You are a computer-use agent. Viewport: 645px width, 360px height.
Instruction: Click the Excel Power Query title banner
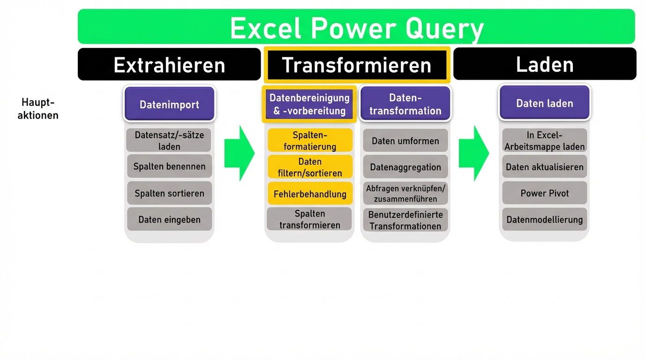point(356,27)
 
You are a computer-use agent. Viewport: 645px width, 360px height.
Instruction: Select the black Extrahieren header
point(169,64)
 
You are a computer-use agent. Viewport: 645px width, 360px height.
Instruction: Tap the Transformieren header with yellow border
point(357,65)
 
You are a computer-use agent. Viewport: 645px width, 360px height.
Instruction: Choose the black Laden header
point(545,64)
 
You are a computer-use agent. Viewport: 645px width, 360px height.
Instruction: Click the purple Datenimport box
point(169,104)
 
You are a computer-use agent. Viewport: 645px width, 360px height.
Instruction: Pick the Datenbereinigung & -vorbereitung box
point(309,104)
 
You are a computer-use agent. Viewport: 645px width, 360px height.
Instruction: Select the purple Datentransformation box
point(405,104)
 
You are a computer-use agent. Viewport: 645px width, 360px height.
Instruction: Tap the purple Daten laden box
point(544,103)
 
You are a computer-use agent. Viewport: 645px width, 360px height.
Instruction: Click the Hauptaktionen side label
point(38,109)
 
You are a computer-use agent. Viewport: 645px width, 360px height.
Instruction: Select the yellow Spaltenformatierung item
point(310,141)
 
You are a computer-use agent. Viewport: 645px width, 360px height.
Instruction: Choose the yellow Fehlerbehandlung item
point(310,194)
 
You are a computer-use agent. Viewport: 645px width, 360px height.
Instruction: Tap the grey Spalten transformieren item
point(309,219)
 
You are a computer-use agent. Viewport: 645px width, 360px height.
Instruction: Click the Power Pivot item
point(544,193)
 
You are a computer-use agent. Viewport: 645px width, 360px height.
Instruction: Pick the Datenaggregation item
point(405,167)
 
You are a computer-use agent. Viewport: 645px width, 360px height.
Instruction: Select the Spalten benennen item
point(169,166)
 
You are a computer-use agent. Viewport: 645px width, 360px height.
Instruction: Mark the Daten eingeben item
point(169,219)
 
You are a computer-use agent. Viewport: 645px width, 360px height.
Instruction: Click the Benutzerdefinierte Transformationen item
point(405,220)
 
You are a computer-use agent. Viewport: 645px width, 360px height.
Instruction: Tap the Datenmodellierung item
point(544,219)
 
